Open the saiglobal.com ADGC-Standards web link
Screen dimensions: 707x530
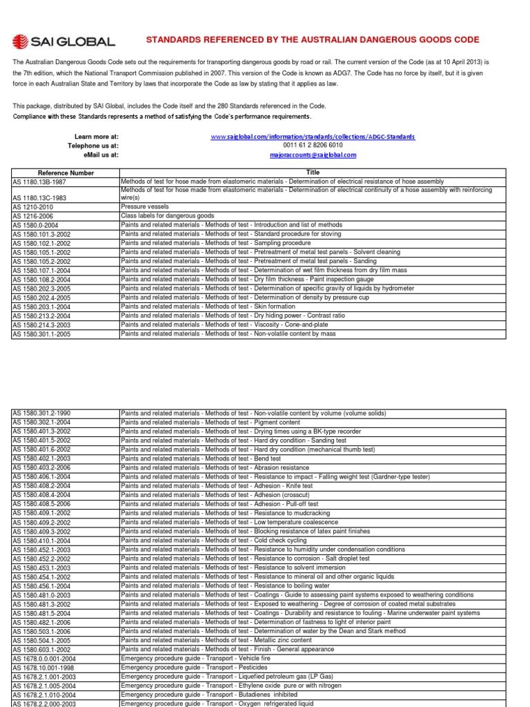pyautogui.click(x=313, y=137)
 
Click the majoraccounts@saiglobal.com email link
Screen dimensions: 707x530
pyautogui.click(x=313, y=155)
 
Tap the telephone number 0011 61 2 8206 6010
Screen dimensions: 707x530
pyautogui.click(x=313, y=146)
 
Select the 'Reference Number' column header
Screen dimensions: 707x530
pyautogui.click(x=66, y=172)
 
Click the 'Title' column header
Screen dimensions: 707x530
pyautogui.click(x=313, y=172)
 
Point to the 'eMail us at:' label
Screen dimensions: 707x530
pyautogui.click(x=101, y=155)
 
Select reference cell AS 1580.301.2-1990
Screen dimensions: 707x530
pyautogui.click(x=42, y=413)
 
